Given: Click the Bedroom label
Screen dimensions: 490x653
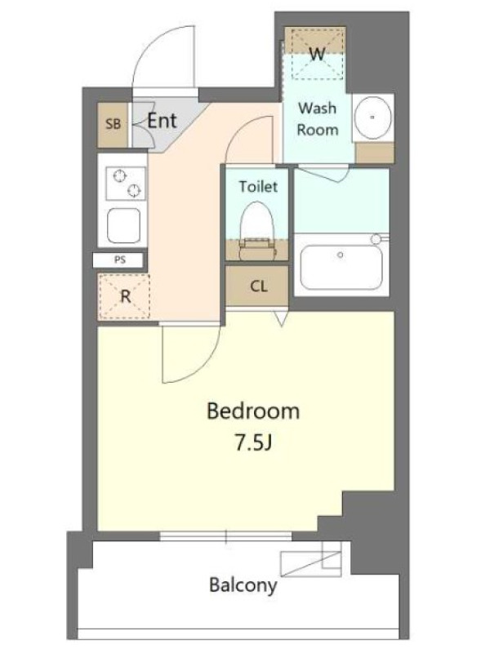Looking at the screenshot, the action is [x=253, y=411].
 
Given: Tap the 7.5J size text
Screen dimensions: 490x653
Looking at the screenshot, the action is [x=253, y=443].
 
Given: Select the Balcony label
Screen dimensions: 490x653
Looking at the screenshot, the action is [x=243, y=585].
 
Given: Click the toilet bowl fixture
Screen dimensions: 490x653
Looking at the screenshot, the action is [x=257, y=231].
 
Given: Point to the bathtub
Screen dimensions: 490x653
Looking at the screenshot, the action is [x=341, y=268].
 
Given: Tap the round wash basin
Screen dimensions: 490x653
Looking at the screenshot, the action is [x=372, y=118].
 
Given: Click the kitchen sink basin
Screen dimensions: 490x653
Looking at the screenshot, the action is [x=124, y=225].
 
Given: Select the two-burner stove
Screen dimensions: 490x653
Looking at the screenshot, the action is [x=126, y=183].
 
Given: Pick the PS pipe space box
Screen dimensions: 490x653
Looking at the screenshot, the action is [x=119, y=260].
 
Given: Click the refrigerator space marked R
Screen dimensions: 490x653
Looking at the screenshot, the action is [x=124, y=297].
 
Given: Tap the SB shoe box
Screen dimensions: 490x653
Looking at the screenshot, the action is [x=113, y=124].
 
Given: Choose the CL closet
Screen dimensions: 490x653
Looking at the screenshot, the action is [x=257, y=287].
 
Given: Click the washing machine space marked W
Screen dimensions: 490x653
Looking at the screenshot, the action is [x=318, y=53].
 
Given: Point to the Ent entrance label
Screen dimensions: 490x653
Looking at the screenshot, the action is [x=162, y=121].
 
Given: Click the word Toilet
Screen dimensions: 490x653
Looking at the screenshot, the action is [x=258, y=186].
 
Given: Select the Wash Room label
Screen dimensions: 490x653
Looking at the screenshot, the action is [x=317, y=119].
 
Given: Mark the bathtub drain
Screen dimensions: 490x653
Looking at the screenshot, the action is [x=341, y=255].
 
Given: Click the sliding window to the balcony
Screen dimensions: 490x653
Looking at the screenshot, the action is [x=226, y=536].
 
